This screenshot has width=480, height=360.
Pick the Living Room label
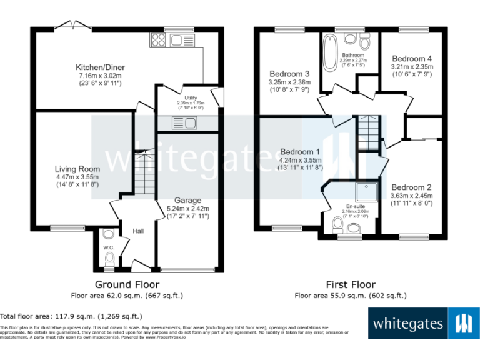click(x=77, y=168)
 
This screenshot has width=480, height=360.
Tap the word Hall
click(x=138, y=231)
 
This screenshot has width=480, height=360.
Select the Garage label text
click(x=187, y=201)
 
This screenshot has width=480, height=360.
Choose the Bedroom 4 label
click(x=411, y=59)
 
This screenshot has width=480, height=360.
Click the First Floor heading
click(x=351, y=284)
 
